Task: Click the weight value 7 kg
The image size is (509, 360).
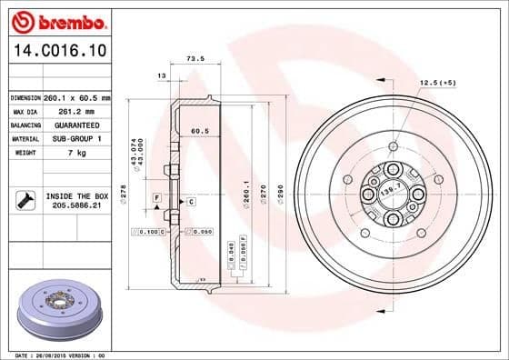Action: click(75, 153)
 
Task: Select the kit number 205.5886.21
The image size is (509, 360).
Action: click(76, 206)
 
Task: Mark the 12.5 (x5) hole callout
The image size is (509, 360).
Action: click(436, 84)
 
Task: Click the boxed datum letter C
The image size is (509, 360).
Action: click(191, 201)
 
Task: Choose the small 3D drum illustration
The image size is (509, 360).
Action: click(59, 310)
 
